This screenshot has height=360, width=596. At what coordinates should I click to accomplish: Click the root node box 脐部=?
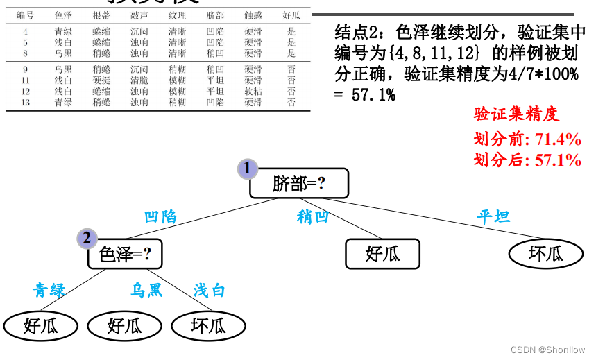[x=299, y=184]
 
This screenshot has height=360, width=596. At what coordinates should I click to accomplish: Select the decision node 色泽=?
[x=125, y=255]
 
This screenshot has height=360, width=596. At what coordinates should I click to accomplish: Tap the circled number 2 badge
[x=87, y=239]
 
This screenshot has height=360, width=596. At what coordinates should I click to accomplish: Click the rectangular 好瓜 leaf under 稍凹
[x=382, y=254]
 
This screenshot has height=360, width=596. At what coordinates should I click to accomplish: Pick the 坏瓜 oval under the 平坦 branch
[x=546, y=254]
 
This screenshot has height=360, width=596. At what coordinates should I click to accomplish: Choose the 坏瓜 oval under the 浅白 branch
[x=208, y=325]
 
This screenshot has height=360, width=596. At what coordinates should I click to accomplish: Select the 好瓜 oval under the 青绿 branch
[x=41, y=325]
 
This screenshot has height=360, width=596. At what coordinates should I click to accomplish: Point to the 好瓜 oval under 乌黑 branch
[x=125, y=325]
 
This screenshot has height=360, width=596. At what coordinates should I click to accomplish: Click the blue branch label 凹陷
[x=160, y=216]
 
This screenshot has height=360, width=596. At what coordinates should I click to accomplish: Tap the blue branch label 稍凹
[x=313, y=216]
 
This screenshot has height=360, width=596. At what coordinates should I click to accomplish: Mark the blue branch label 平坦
[x=493, y=216]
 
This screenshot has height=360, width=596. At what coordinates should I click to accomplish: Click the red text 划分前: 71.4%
[x=527, y=139]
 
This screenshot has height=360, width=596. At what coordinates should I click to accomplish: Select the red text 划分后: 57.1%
[x=527, y=160]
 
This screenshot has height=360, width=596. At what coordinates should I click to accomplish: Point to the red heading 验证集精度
[x=516, y=114]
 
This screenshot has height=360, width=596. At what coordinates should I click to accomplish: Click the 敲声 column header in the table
[x=139, y=15]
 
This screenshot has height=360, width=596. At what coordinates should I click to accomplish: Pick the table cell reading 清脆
[x=139, y=80]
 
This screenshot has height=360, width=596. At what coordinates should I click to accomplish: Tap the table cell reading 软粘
[x=253, y=92]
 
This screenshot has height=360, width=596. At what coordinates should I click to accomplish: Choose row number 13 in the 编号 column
[x=25, y=103]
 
